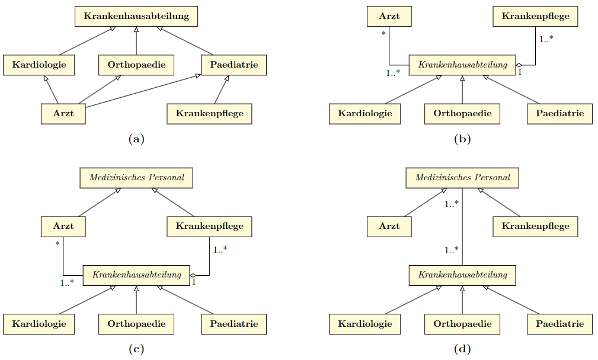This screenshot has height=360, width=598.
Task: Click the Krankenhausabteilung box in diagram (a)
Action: (136, 17)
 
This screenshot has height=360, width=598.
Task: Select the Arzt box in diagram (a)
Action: (63, 113)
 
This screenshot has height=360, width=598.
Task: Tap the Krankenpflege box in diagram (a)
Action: (210, 113)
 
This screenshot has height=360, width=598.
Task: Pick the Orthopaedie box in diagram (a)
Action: (136, 65)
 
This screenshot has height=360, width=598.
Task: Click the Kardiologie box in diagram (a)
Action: (39, 65)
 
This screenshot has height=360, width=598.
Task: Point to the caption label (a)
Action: (136, 139)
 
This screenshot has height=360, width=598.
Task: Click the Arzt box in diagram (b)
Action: (389, 17)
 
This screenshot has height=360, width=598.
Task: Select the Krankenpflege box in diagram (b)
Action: (535, 17)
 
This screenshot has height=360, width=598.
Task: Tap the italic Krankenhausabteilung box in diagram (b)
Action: (462, 65)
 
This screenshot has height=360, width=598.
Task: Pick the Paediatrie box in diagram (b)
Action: (559, 113)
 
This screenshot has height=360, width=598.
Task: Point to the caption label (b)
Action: (462, 139)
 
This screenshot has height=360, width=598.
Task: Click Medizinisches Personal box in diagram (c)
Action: (136, 177)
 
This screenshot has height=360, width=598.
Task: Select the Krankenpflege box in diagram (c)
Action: (210, 226)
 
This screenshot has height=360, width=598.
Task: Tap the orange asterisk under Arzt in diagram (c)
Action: (58, 243)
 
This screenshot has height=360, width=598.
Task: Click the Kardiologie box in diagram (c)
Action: (39, 324)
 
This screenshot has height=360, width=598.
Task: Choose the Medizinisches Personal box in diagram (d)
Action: (462, 177)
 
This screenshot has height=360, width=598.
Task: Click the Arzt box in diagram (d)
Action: (389, 226)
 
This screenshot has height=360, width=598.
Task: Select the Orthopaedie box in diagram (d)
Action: (462, 324)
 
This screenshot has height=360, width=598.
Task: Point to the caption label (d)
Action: (462, 349)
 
